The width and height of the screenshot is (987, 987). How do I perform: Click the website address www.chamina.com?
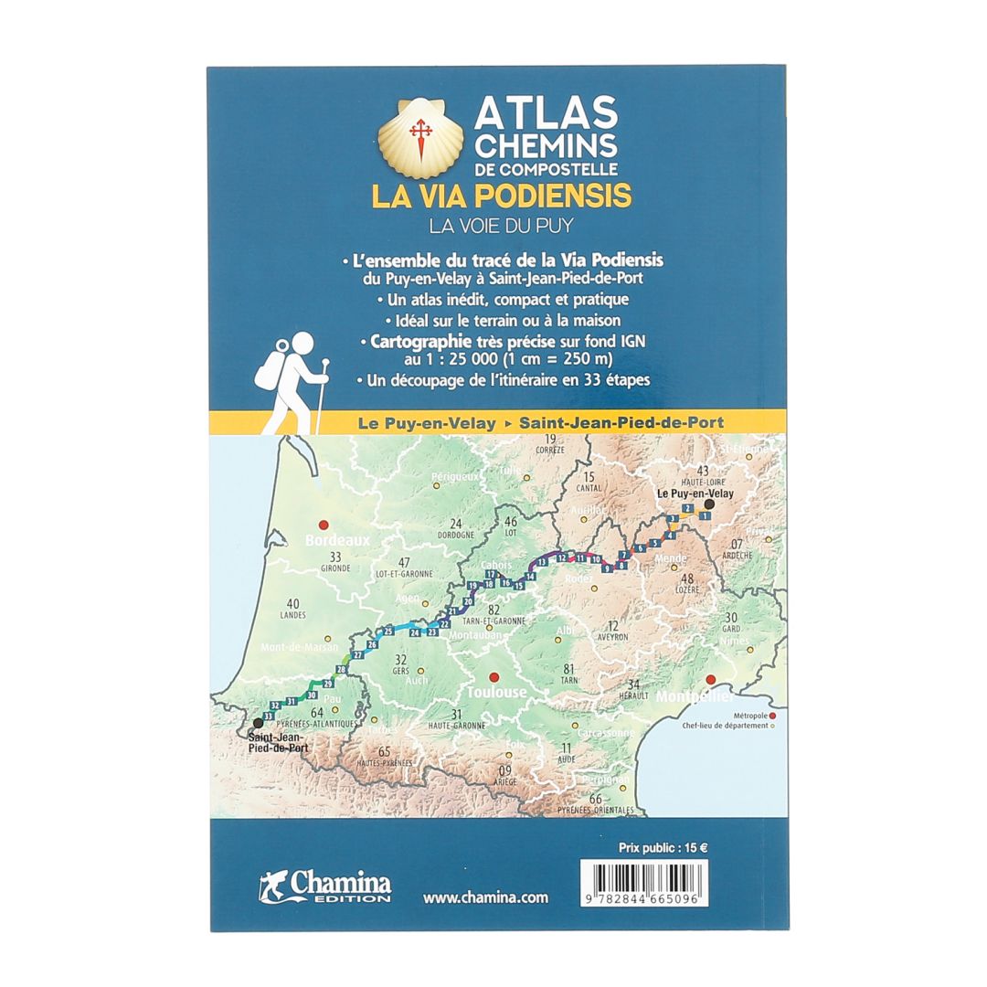(x=485, y=897)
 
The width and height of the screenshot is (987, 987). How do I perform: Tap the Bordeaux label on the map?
(x=338, y=540)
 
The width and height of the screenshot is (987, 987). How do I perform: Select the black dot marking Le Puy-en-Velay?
(x=708, y=504)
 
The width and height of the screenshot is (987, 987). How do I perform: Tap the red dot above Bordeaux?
(x=323, y=525)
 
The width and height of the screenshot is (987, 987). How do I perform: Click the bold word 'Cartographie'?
(x=413, y=341)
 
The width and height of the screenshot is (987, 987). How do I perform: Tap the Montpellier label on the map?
(x=693, y=696)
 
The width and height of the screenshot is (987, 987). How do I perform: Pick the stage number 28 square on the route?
(x=342, y=671)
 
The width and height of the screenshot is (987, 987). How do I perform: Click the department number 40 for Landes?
(x=293, y=603)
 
